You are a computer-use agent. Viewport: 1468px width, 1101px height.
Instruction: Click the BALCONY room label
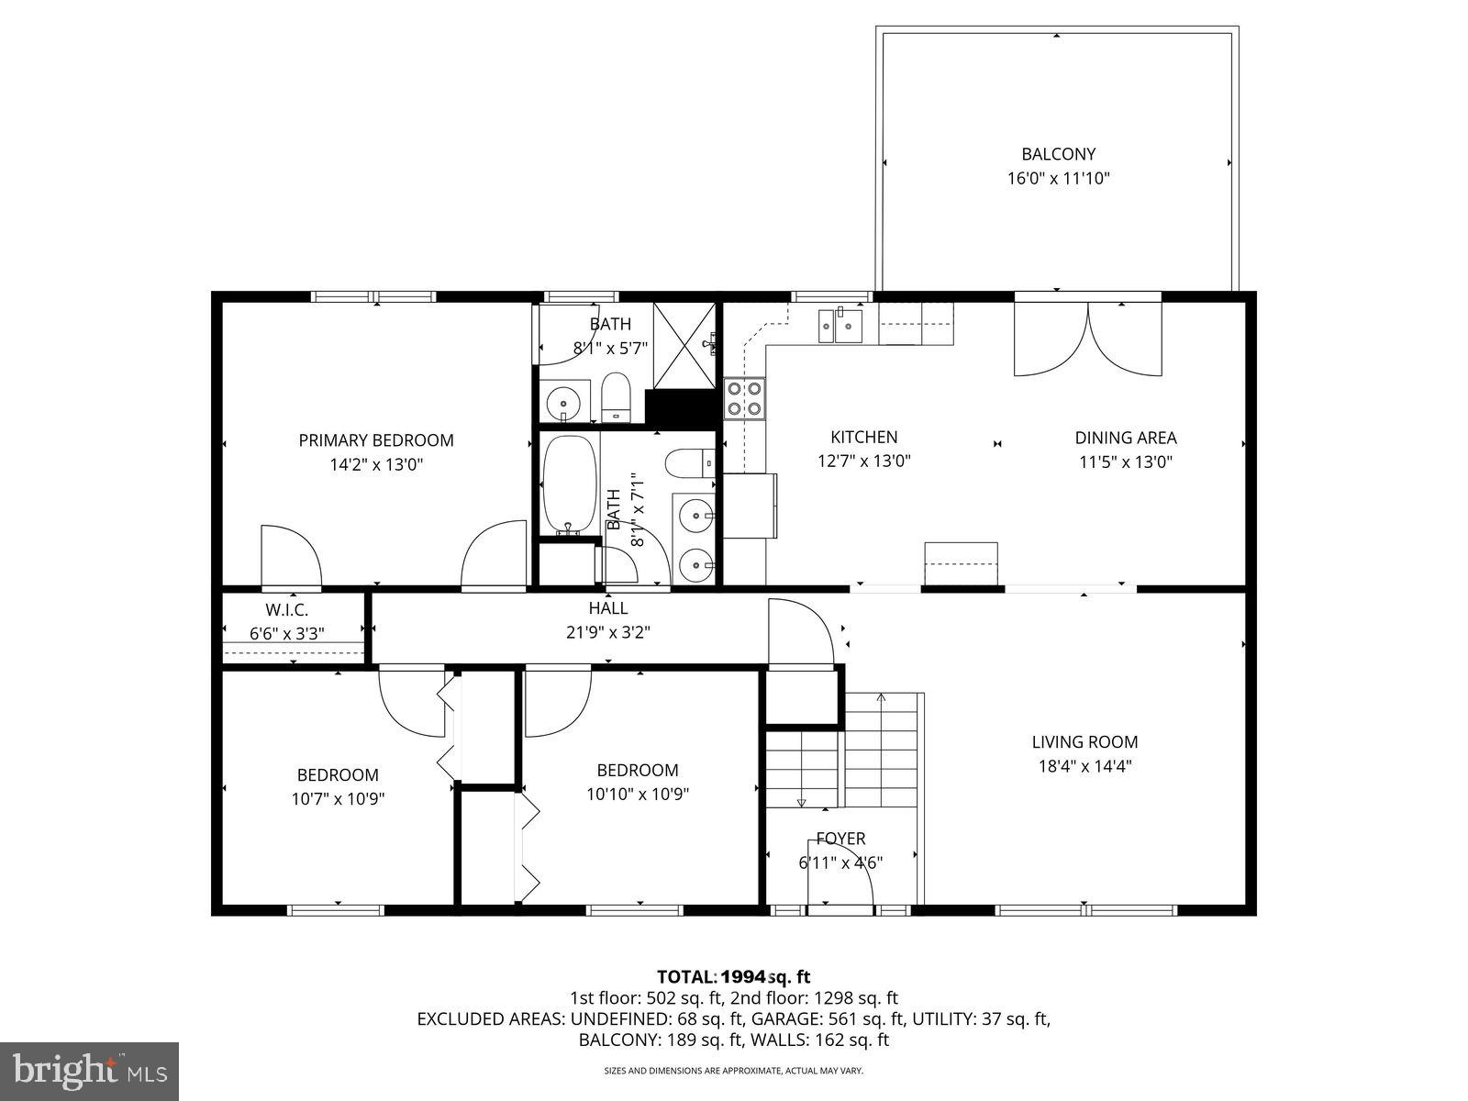point(1058,154)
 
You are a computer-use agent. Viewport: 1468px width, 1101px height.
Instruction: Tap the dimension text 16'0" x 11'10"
point(1058,179)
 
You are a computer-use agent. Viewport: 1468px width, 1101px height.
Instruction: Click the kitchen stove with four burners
point(744,398)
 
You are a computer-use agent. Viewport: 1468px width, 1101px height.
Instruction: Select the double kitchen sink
point(841,324)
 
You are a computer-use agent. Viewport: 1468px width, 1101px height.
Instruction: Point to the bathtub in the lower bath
point(569,484)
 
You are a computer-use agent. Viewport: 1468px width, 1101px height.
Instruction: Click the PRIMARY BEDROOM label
point(376,440)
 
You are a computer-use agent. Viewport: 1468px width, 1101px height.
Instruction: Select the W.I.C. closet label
point(287,610)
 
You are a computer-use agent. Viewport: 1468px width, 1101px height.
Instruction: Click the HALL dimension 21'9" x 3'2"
point(608,632)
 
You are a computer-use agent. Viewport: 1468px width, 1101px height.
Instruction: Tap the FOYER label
point(840,839)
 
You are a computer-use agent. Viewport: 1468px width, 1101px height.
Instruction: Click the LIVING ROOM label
point(1084,741)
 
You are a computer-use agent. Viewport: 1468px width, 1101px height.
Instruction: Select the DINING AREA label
point(1126,438)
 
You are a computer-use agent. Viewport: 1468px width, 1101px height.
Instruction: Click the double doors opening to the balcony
point(1087,338)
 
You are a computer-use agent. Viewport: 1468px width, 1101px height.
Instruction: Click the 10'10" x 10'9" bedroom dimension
point(638,795)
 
